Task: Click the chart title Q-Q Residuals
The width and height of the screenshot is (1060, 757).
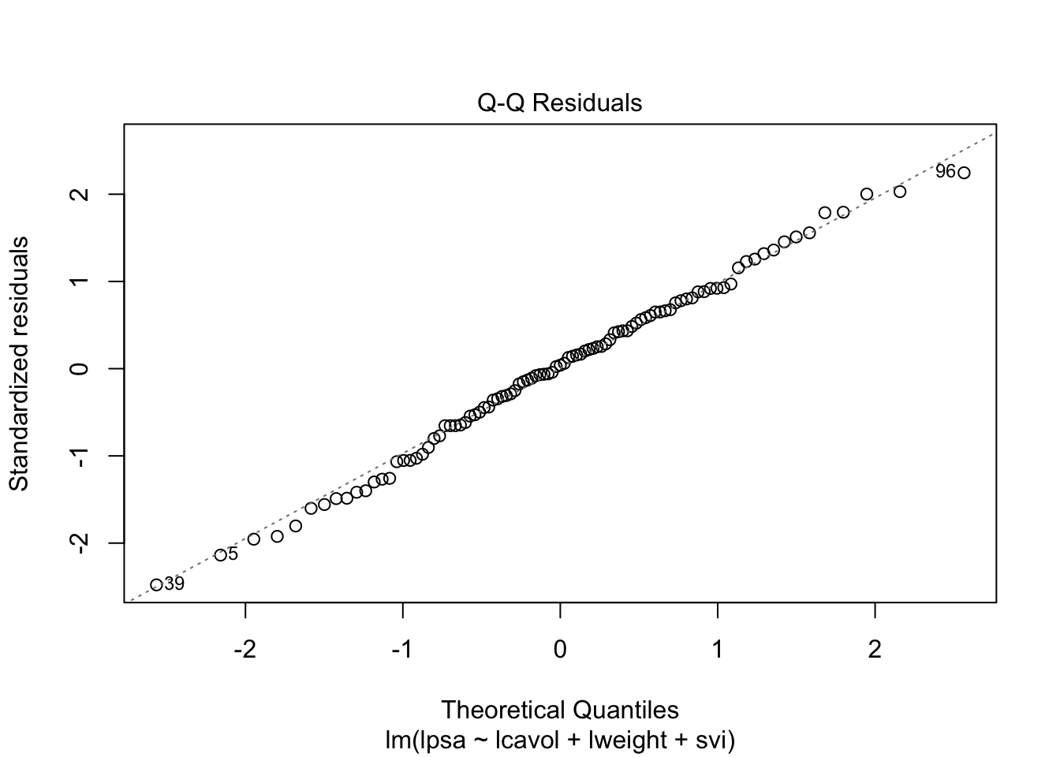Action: pyautogui.click(x=559, y=103)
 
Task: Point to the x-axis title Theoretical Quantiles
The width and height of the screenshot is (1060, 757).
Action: pyautogui.click(x=559, y=710)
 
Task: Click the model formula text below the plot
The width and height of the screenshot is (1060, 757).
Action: pyautogui.click(x=559, y=740)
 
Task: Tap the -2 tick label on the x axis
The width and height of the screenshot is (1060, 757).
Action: pyautogui.click(x=245, y=650)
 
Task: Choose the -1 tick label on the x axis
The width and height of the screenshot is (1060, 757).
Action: pyautogui.click(x=402, y=650)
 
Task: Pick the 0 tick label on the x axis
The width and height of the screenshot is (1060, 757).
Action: pyautogui.click(x=560, y=650)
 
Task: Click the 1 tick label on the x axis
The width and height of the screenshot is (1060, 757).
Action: pyautogui.click(x=718, y=650)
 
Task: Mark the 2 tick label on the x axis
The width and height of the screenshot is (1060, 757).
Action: pyautogui.click(x=875, y=650)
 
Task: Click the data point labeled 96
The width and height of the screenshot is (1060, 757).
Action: pyautogui.click(x=964, y=173)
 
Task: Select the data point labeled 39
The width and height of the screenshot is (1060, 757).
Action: pyautogui.click(x=156, y=584)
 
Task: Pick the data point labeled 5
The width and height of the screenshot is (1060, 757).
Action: pyautogui.click(x=220, y=555)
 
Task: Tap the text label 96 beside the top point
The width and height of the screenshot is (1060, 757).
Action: pyautogui.click(x=945, y=171)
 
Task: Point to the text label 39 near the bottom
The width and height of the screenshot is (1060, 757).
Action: pyautogui.click(x=174, y=584)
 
